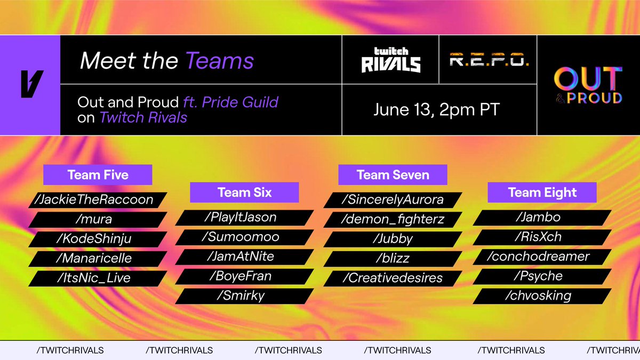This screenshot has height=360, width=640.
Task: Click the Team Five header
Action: pos(98,175)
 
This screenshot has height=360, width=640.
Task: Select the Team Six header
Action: pos(244,193)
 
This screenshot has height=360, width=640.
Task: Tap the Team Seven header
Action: pos(393,175)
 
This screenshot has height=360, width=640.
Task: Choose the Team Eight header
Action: pos(542,193)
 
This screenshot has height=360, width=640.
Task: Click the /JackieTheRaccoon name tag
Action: pos(98,199)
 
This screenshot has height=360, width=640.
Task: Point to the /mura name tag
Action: pos(98,219)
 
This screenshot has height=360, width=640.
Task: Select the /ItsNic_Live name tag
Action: pos(98,278)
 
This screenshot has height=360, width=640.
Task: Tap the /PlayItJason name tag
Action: pos(244,217)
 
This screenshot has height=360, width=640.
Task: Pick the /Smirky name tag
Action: pos(244,295)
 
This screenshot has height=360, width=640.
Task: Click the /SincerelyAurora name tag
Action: pos(393,199)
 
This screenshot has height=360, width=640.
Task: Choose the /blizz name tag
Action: pos(393,258)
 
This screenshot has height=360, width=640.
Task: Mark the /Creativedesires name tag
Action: pos(393,278)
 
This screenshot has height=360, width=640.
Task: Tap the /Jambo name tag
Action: pos(542,217)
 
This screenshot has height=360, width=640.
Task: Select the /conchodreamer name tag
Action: pos(542,257)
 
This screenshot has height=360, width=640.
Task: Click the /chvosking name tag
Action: pos(542,295)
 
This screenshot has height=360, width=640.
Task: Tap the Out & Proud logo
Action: pos(588,85)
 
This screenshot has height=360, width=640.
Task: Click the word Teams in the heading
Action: pos(220,61)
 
